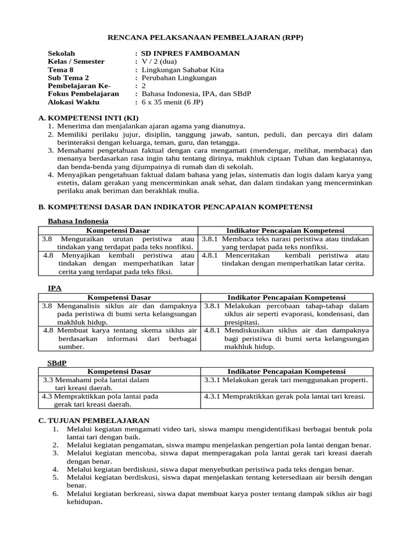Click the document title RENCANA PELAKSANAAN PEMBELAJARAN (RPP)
tap(205, 37)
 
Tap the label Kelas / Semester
tap(76, 62)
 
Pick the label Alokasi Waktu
tap(72, 101)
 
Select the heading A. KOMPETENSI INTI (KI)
tap(88, 118)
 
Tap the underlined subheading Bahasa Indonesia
tap(78, 221)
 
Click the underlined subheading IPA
tap(55, 288)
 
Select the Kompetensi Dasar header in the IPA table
tap(119, 298)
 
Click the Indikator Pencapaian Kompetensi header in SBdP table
tap(286, 371)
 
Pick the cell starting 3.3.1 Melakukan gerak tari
tap(286, 380)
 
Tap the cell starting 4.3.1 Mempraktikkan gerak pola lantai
tap(285, 397)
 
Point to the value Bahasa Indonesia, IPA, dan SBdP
tap(196, 93)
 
